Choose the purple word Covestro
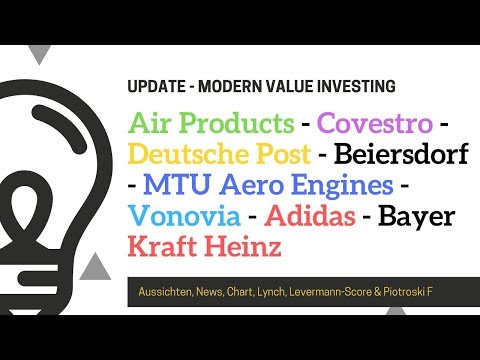(x=375, y=125)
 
